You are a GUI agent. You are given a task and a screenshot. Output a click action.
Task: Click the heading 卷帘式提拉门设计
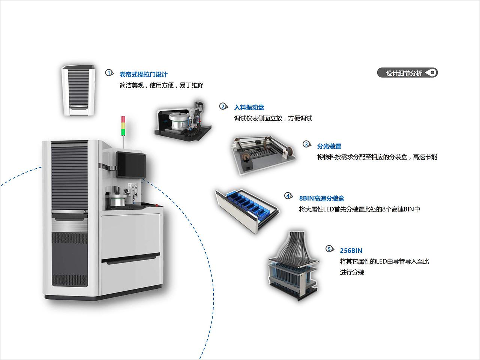tap(144, 75)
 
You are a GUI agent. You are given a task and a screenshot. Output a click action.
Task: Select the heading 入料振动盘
tap(249, 108)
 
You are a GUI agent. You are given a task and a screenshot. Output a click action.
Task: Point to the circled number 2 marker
tap(223, 106)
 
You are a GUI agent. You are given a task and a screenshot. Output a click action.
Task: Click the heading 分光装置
tap(329, 146)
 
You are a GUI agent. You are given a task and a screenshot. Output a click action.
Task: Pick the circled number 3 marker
tap(307, 144)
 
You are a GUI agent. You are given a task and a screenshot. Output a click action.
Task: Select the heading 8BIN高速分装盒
tap(322, 198)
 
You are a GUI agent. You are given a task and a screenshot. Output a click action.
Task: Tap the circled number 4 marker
tap(288, 196)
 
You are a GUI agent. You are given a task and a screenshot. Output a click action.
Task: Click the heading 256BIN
tap(351, 250)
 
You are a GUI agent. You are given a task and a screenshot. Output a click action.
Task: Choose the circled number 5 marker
tap(330, 249)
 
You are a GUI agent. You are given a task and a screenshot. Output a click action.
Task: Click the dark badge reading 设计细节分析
tap(407, 73)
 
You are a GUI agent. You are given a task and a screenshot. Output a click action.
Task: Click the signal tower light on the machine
tap(123, 124)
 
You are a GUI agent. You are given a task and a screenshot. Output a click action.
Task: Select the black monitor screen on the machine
tap(131, 165)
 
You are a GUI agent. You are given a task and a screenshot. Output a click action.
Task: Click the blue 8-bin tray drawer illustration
tap(247, 211)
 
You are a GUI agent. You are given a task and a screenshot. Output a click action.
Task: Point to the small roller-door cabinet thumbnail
tap(78, 90)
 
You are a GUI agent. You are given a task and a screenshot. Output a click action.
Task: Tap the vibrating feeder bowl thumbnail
tap(183, 121)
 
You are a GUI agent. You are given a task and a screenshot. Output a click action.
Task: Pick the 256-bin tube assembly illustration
tap(293, 266)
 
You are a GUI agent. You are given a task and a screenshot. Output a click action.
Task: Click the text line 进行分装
tap(352, 272)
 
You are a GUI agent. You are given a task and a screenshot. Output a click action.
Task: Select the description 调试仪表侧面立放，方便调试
tap(273, 118)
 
